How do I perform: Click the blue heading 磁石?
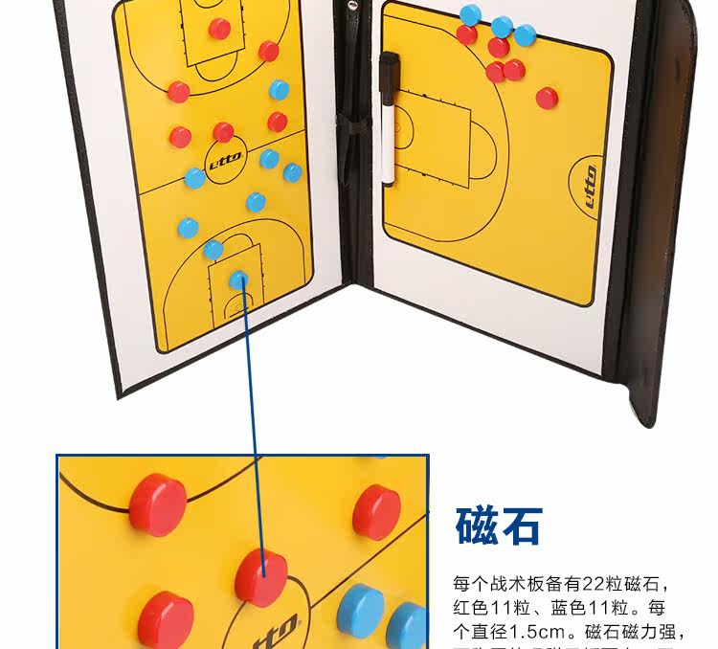coord(498,526)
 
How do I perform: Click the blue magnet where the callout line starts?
coord(237,280)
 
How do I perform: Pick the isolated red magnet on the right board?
coord(547,98)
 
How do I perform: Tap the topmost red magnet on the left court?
coord(220,29)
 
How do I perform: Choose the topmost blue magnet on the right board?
coord(470,14)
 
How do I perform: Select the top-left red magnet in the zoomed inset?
coord(160,504)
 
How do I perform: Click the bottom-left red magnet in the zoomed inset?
coord(165,618)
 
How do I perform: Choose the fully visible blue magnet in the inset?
coord(361,608)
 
